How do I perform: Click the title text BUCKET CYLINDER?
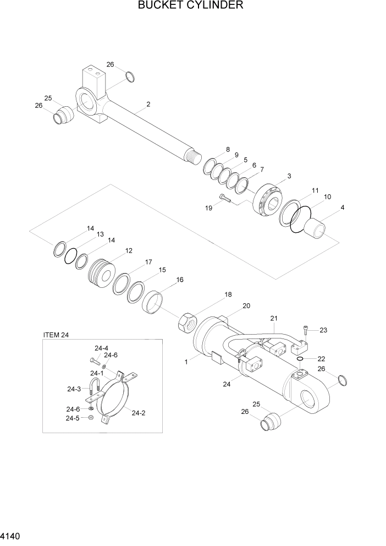191,6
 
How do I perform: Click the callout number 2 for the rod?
148,104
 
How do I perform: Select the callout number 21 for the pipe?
274,319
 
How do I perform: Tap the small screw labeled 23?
306,330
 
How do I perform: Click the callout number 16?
179,280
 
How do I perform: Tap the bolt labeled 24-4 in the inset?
93,361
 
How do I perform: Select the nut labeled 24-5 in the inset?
91,418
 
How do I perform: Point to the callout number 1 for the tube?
187,362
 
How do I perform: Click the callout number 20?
246,306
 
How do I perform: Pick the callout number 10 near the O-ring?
327,196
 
